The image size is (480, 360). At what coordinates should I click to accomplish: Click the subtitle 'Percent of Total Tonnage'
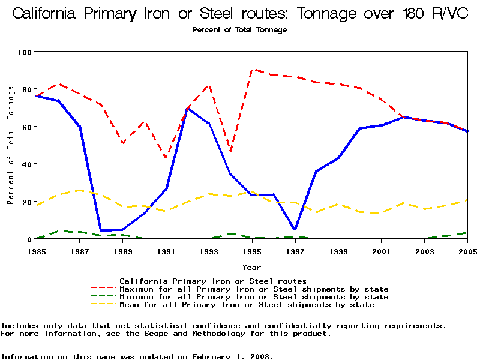pyautogui.click(x=239, y=30)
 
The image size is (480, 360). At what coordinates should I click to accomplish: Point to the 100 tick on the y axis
pyautogui.click(x=25, y=52)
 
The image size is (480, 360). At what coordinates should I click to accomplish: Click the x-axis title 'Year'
pyautogui.click(x=251, y=267)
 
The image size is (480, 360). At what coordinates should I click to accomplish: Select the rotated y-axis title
pyautogui.click(x=10, y=145)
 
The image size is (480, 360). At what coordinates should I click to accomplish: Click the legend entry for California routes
pyautogui.click(x=213, y=281)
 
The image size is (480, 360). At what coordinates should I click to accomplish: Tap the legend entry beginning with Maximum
pyautogui.click(x=254, y=289)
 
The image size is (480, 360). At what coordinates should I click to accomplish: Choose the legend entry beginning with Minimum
pyautogui.click(x=254, y=297)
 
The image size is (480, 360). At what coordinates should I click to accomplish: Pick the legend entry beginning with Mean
pyautogui.click(x=247, y=305)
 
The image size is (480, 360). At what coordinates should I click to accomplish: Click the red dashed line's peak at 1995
pyautogui.click(x=252, y=70)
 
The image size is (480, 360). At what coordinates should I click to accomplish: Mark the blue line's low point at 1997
pyautogui.click(x=295, y=229)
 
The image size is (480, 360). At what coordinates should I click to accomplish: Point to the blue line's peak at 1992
pyautogui.click(x=188, y=109)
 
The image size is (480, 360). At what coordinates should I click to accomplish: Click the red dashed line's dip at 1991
pyautogui.click(x=166, y=158)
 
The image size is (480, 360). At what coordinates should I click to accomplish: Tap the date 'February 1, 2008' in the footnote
pyautogui.click(x=232, y=356)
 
